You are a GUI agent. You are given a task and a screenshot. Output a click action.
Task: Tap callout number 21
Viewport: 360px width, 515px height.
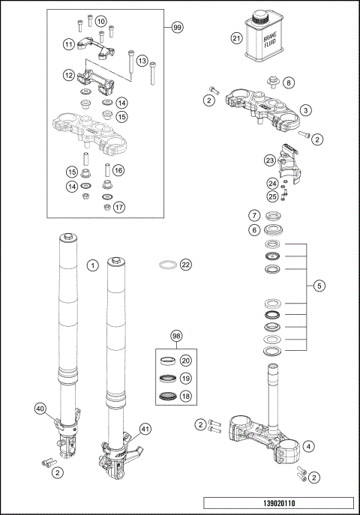click(x=237, y=38)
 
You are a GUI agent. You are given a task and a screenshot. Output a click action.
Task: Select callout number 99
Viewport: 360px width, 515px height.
click(x=177, y=28)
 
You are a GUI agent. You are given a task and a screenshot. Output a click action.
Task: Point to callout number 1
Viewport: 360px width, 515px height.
click(x=92, y=265)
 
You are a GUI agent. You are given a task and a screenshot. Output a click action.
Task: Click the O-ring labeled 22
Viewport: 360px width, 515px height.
click(x=169, y=264)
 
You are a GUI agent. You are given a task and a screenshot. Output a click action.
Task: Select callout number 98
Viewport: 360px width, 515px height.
click(x=176, y=335)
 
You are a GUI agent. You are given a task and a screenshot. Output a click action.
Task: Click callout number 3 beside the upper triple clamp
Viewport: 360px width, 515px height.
click(x=306, y=109)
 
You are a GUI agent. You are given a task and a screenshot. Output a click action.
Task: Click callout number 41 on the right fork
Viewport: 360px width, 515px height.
click(x=145, y=430)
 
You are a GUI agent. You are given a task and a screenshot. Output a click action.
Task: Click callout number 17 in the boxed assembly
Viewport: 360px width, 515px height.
click(x=119, y=207)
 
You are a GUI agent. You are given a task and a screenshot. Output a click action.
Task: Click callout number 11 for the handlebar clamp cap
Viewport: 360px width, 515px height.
click(x=68, y=45)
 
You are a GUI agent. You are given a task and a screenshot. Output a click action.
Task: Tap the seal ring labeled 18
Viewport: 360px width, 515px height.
click(x=171, y=397)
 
